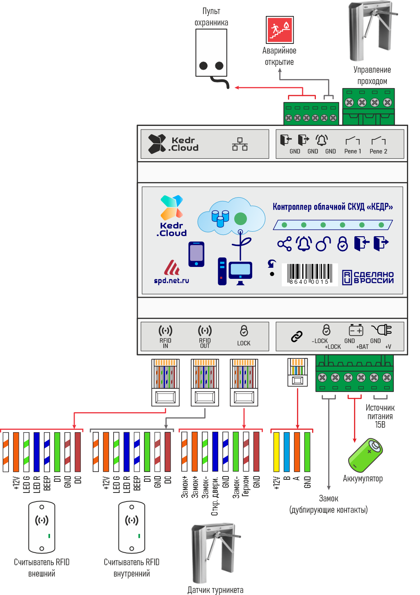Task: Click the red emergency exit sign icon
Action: click(280, 30)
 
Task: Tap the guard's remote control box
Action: click(211, 52)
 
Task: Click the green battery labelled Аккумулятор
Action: click(365, 455)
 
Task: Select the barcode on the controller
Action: click(310, 274)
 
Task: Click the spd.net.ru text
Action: click(171, 281)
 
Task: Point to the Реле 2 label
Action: click(378, 151)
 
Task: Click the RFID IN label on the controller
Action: click(165, 343)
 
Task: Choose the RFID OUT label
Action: click(205, 343)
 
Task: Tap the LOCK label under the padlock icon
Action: click(244, 343)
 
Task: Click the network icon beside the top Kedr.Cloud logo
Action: click(240, 144)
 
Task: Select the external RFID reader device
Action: click(42, 527)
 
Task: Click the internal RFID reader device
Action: click(132, 527)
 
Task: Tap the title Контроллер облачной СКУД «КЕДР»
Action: click(333, 207)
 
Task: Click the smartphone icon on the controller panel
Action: click(196, 254)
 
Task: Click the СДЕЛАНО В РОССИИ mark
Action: click(368, 278)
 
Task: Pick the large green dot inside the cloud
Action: click(240, 219)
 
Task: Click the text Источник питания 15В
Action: click(380, 416)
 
